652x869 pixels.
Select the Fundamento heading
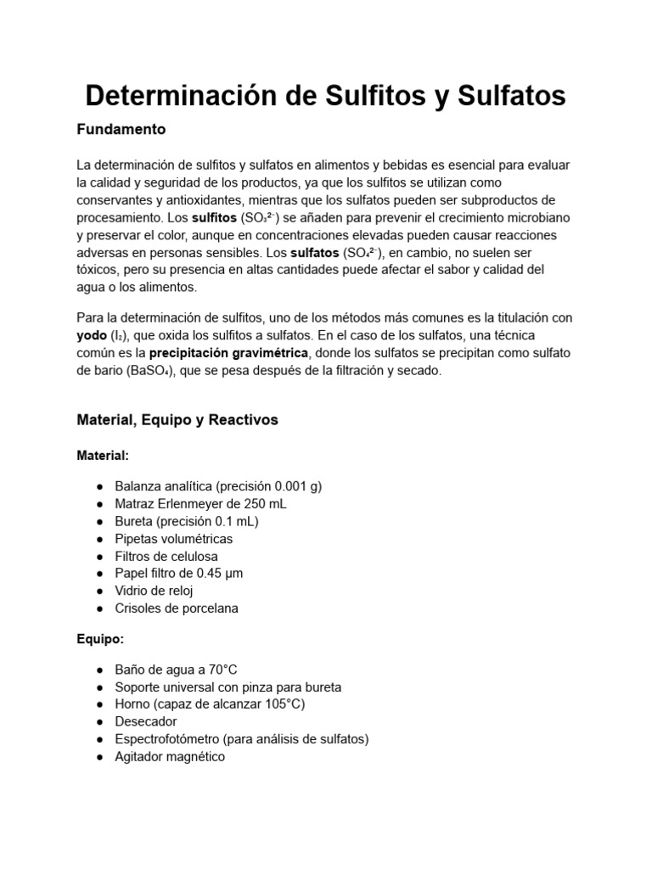tap(121, 130)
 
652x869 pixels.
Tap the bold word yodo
tap(94, 335)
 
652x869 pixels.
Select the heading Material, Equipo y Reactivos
tap(177, 420)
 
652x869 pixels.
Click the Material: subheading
tap(103, 456)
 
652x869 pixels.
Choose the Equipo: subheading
tap(100, 640)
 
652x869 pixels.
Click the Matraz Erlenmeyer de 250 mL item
tap(200, 503)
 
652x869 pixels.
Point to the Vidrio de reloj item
tap(155, 591)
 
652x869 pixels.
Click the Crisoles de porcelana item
tap(177, 608)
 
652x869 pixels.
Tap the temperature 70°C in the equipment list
tap(231, 670)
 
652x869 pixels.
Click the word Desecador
tap(146, 721)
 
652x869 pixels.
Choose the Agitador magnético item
tap(170, 756)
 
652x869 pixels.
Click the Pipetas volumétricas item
tap(173, 538)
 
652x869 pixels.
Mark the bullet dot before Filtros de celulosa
tap(99, 556)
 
